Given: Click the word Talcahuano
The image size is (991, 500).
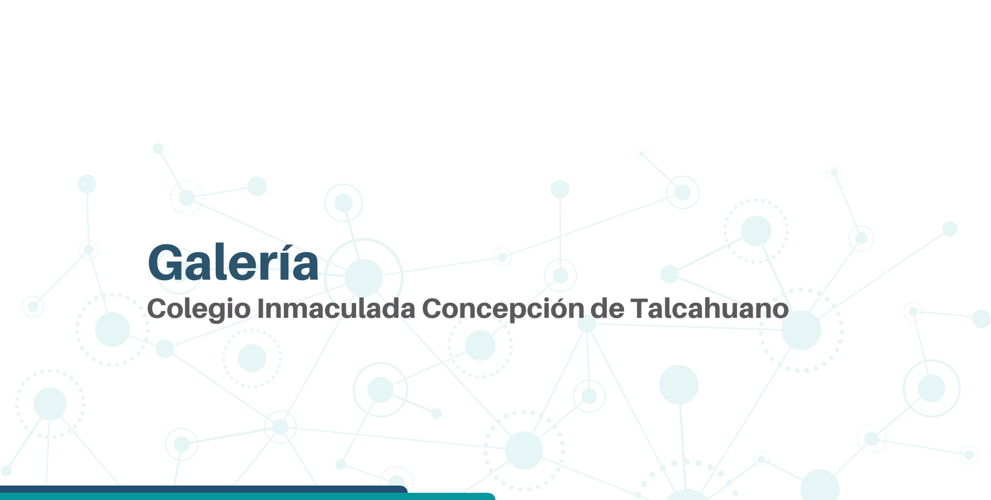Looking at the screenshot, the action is pyautogui.click(x=710, y=308).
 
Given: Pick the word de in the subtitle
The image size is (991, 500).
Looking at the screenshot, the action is pyautogui.click(x=608, y=308).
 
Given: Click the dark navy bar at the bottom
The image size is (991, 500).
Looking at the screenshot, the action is pyautogui.click(x=204, y=489).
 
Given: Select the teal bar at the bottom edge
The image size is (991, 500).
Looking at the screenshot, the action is pyautogui.click(x=248, y=496).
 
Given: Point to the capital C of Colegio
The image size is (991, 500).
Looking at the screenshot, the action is pyautogui.click(x=157, y=308).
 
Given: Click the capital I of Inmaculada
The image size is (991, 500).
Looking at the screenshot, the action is pyautogui.click(x=260, y=308).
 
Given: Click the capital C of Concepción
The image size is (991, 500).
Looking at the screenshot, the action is pyautogui.click(x=432, y=308).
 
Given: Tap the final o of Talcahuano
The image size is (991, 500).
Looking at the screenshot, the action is pyautogui.click(x=780, y=311).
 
